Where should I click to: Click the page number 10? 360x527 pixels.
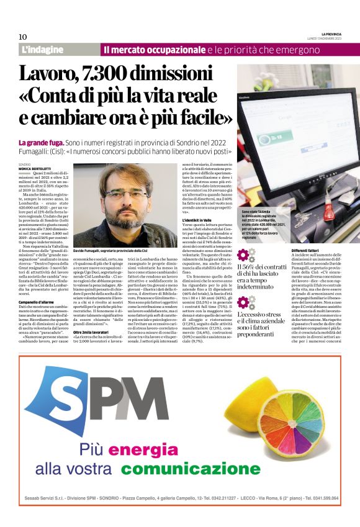click(x=22, y=37)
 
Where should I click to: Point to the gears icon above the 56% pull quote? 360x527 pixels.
click(x=246, y=255)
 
